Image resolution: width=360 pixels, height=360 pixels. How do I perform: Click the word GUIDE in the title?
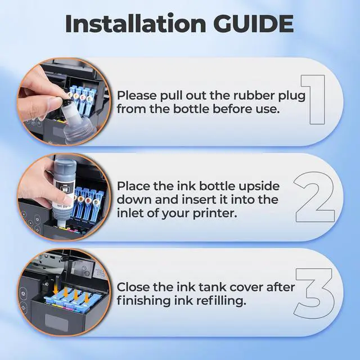pos(255,24)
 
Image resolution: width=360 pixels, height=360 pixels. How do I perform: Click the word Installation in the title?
pos(136,24)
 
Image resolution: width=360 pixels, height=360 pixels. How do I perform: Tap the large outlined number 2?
pos(314,197)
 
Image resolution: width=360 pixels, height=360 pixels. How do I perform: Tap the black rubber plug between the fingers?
pos(65,101)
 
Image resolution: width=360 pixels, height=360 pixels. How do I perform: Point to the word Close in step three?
pos(133,287)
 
